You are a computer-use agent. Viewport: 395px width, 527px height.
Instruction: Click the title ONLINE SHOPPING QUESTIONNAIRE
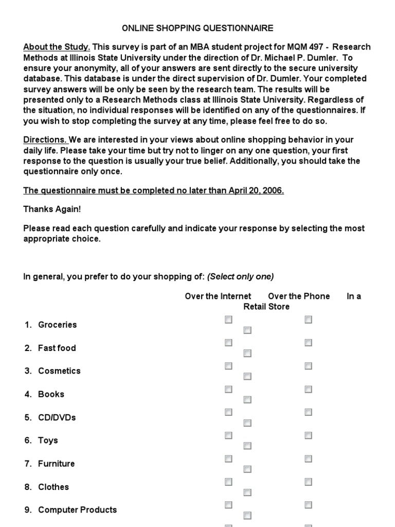pyautogui.click(x=197, y=28)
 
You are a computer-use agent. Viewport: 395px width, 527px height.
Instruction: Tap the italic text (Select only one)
pyautogui.click(x=240, y=276)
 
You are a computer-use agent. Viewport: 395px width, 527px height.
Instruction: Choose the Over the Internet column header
pyautogui.click(x=218, y=296)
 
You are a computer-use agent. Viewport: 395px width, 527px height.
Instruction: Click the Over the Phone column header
pyautogui.click(x=299, y=296)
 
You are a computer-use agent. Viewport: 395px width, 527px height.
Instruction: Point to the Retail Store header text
pyautogui.click(x=266, y=307)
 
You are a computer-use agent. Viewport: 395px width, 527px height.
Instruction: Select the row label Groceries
pyautogui.click(x=57, y=325)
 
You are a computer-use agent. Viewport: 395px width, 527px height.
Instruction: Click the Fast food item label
pyautogui.click(x=57, y=348)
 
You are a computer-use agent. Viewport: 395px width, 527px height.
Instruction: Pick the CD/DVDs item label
pyautogui.click(x=57, y=417)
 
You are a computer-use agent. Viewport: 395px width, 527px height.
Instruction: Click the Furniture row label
pyautogui.click(x=56, y=464)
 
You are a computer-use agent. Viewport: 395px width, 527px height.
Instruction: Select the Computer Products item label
pyautogui.click(x=77, y=510)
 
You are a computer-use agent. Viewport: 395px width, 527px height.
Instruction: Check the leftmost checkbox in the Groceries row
pyautogui.click(x=228, y=320)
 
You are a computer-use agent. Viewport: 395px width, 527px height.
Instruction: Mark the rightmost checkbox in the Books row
pyautogui.click(x=308, y=389)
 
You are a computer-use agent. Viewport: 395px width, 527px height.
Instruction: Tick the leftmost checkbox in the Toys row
pyautogui.click(x=228, y=435)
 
